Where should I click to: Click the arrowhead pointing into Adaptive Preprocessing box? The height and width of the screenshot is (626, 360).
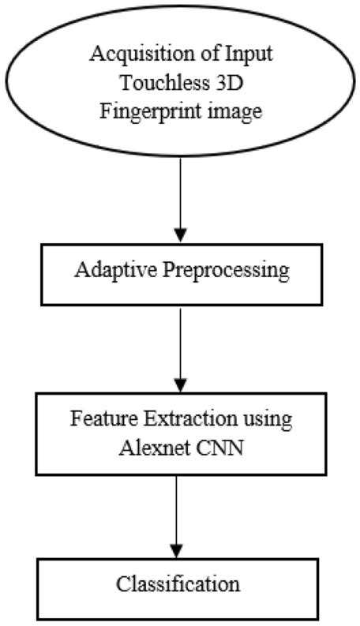click(180, 234)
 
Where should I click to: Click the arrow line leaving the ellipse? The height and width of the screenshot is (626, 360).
click(180, 189)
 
